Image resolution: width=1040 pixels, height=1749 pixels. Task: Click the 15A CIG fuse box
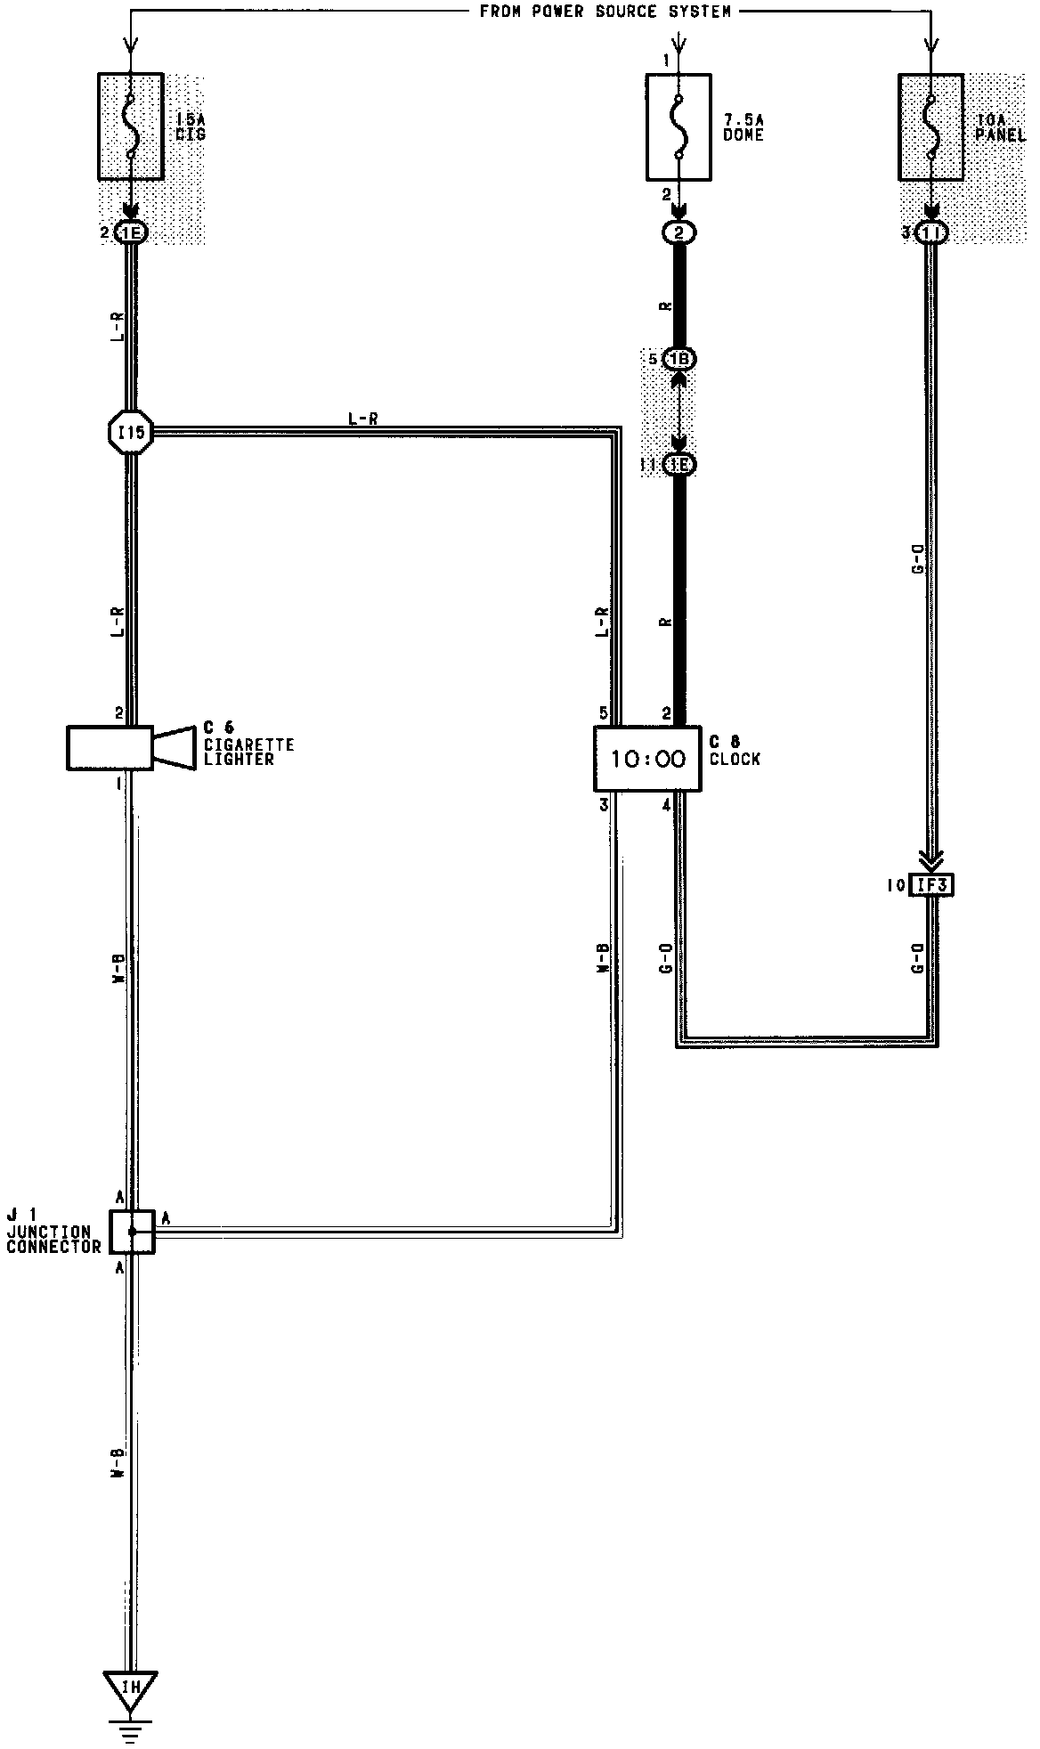coord(130,126)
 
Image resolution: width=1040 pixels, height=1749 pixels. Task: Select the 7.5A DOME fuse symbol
coord(678,126)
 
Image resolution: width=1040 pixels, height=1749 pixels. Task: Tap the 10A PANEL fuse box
coord(931,126)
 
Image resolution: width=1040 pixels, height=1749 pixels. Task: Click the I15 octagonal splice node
coord(131,435)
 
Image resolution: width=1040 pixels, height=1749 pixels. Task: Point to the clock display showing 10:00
coord(647,759)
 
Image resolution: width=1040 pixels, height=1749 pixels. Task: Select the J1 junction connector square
coord(132,1232)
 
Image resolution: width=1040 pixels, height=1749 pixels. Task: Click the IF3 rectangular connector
coord(930,885)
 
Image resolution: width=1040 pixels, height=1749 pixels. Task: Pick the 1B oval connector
coord(679,359)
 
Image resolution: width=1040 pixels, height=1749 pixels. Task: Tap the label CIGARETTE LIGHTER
coord(248,752)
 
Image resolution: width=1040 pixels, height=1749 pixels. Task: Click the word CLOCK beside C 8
coord(735,760)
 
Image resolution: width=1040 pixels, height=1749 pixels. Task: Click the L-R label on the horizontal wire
coord(362,418)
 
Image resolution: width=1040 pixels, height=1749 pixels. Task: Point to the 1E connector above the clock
coord(679,465)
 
